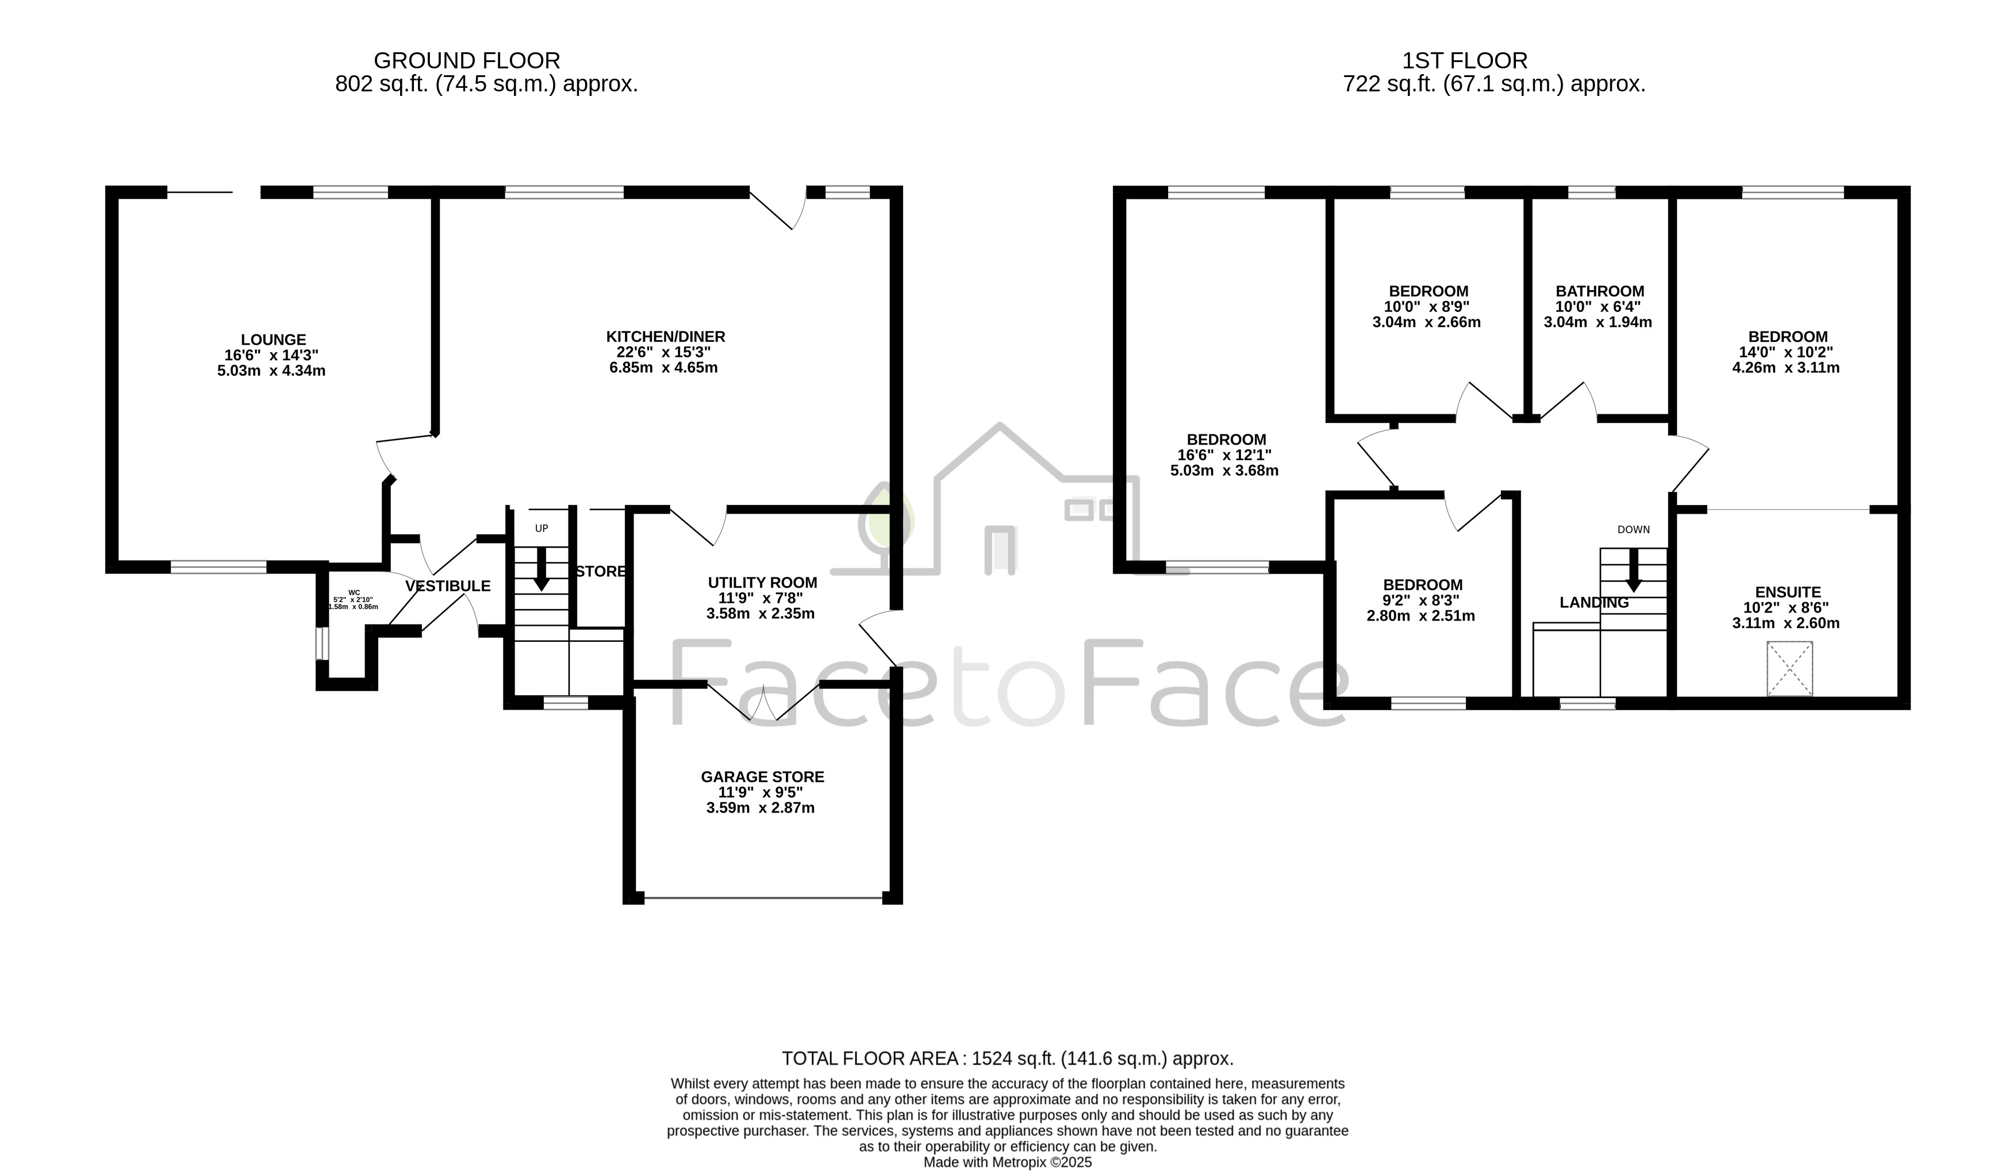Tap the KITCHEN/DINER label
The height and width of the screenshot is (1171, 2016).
[x=666, y=337]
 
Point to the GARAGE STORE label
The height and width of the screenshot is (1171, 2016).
[x=762, y=777]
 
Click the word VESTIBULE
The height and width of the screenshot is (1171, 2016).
[x=448, y=586]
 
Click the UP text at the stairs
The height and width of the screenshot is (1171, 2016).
[x=542, y=529]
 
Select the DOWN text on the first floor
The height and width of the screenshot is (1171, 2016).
[x=1634, y=530]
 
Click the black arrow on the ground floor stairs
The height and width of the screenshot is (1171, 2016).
[x=542, y=569]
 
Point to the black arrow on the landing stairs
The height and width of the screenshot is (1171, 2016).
[x=1633, y=571]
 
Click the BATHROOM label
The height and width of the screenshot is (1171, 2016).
[x=1600, y=292]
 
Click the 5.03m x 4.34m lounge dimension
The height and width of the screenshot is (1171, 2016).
[x=271, y=371]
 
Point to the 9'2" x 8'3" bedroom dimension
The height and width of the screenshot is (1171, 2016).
[x=1421, y=600]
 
